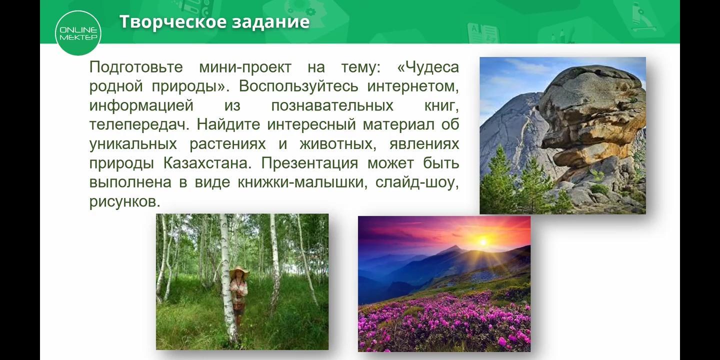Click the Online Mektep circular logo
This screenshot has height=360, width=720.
pos(78,33)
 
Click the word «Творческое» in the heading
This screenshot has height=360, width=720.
pos(172,22)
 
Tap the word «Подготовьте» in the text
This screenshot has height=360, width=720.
pos(136,67)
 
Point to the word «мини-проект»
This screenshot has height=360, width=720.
pos(245,67)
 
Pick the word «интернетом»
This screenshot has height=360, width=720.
pos(413,86)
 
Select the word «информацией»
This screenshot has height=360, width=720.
pos(141,106)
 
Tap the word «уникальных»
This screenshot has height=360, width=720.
pos(133,144)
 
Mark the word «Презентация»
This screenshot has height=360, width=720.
pos(309,163)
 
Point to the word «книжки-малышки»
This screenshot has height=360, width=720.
pos(302,182)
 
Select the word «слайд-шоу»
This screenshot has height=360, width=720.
pos(417,182)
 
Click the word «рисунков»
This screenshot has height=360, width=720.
pos(124,202)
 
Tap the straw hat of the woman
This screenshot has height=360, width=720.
pos(239,271)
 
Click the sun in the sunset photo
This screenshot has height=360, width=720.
pos(483,241)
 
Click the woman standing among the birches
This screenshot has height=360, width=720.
pos(239,295)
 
